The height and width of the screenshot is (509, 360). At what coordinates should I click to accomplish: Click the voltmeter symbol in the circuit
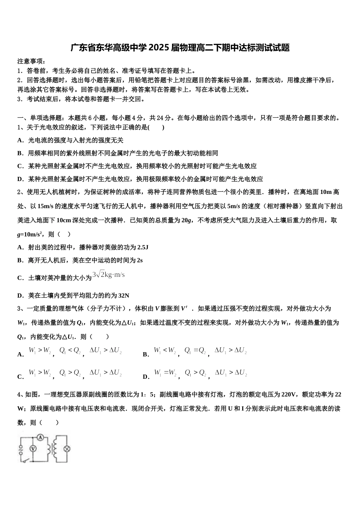tap(33, 448)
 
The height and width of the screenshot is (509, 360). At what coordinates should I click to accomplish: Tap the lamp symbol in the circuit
tap(67, 449)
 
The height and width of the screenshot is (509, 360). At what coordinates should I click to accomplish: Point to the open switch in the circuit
tap(25, 461)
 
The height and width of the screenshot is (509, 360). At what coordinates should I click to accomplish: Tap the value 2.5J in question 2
tap(142, 247)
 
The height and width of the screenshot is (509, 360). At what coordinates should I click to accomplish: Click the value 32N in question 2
tap(124, 295)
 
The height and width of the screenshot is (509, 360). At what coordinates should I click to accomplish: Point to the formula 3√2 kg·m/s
tap(108, 275)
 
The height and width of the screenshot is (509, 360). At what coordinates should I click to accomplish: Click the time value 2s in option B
tap(139, 260)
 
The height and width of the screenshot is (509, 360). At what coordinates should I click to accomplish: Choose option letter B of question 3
tap(146, 354)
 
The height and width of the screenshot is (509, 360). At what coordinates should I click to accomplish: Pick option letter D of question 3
tap(146, 377)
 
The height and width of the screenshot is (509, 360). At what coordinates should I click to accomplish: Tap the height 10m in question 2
tap(321, 192)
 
